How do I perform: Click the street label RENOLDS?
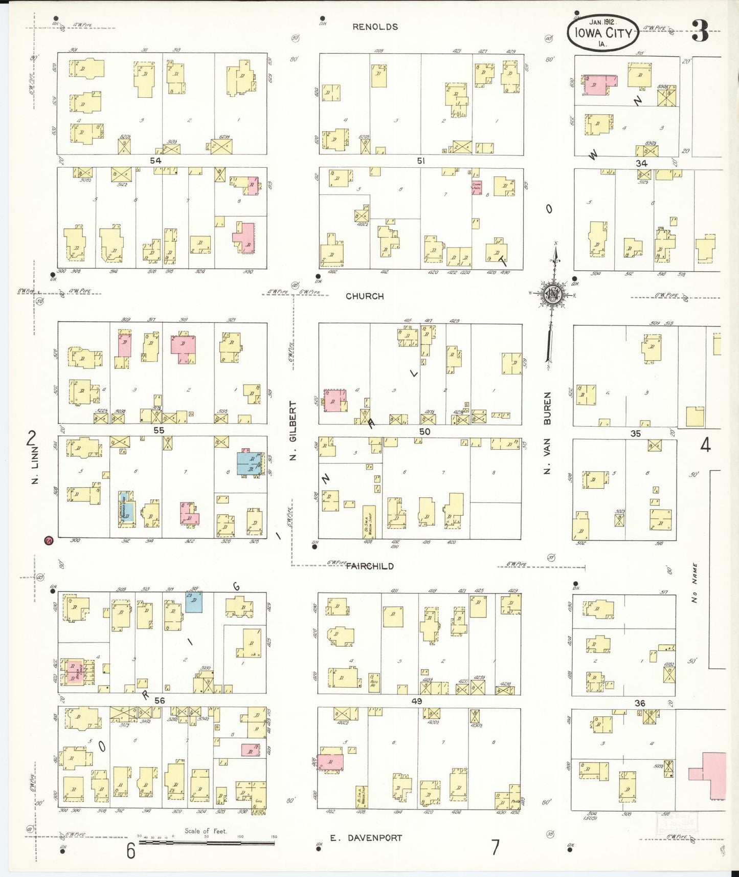click(x=375, y=27)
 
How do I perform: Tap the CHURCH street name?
click(x=365, y=296)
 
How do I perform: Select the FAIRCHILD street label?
click(x=370, y=566)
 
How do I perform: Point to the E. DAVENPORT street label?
click(x=366, y=838)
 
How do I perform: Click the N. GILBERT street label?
click(x=293, y=430)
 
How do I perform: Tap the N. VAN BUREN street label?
click(x=547, y=433)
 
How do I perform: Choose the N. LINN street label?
click(x=35, y=471)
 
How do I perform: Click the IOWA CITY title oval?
click(x=603, y=33)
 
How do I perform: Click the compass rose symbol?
click(x=553, y=294)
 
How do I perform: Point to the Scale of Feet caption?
click(x=206, y=831)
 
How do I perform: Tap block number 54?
click(x=155, y=161)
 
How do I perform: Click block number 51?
click(x=420, y=161)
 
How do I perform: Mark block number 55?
click(x=159, y=430)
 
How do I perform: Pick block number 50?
click(x=424, y=431)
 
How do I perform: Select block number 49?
click(x=417, y=701)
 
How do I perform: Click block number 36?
click(x=640, y=703)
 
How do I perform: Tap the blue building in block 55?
click(x=250, y=463)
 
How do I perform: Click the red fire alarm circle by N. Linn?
click(x=49, y=540)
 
